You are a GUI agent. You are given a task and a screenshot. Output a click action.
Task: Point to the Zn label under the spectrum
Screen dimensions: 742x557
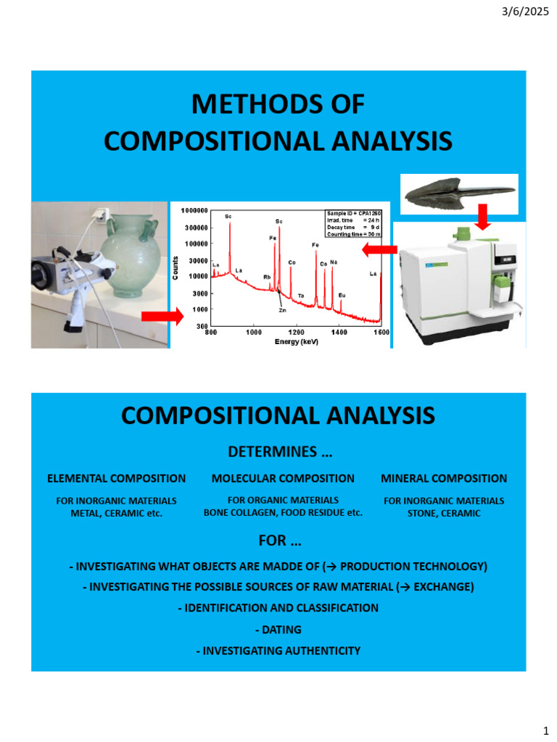point(282,309)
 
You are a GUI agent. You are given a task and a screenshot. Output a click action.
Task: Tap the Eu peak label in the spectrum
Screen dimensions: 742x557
point(342,295)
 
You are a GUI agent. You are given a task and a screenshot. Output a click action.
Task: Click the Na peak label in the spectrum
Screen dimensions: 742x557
point(333,262)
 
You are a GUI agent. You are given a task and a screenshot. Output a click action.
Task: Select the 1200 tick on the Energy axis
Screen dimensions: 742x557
point(297,332)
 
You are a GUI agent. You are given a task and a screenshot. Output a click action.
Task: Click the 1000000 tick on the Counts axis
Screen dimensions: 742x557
point(194,210)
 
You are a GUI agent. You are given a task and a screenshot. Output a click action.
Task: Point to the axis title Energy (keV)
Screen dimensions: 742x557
point(298,341)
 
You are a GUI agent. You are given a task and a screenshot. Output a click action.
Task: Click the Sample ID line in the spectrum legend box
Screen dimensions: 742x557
point(353,214)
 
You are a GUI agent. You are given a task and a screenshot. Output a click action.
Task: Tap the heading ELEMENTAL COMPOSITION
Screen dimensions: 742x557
point(116,478)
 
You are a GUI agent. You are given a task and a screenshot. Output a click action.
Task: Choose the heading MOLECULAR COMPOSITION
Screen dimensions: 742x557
point(283,478)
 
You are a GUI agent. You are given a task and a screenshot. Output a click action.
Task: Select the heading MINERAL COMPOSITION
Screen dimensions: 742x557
point(444,478)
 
